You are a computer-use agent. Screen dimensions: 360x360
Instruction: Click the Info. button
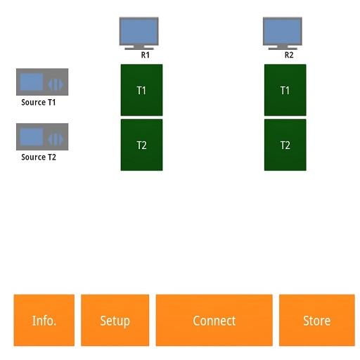point(44,320)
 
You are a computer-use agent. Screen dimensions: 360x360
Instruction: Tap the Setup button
point(115,320)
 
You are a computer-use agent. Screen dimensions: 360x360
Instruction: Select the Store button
point(317,320)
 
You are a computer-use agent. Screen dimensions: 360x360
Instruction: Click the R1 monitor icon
point(139,33)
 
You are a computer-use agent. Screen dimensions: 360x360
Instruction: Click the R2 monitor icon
point(283,33)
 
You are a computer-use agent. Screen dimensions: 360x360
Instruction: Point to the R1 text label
point(146,55)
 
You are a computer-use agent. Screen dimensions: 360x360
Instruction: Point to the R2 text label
point(289,55)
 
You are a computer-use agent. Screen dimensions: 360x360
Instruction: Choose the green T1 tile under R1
point(141,90)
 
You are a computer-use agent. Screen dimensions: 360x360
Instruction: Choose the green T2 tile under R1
point(141,145)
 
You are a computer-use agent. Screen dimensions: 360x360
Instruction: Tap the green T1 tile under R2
point(285,90)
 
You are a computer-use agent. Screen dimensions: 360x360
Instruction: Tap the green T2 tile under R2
point(285,145)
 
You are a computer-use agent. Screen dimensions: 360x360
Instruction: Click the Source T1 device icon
point(42,82)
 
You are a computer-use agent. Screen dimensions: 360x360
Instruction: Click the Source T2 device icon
point(42,137)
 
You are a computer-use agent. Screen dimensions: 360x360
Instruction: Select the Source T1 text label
point(39,103)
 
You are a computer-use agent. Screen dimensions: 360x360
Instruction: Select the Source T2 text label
point(39,157)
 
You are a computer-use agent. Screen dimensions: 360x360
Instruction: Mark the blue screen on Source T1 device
point(32,82)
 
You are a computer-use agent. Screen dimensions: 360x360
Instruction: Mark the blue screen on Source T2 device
point(32,136)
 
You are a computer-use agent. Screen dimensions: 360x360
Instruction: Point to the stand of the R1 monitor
point(139,47)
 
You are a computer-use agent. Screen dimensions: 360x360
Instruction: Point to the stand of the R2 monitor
point(283,47)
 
